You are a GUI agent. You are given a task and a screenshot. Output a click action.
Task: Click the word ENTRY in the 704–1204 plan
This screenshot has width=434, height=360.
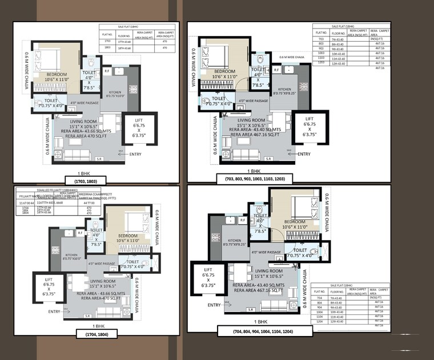point(214,305)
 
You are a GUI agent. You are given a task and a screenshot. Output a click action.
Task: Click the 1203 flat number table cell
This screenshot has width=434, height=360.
point(321,63)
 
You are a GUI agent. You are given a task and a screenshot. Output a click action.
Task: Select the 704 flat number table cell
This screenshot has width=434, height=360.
point(320,298)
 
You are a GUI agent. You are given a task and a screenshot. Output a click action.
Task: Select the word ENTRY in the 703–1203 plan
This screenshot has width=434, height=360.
point(304,154)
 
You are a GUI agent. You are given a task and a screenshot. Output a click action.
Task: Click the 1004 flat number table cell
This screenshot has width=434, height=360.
point(320,312)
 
